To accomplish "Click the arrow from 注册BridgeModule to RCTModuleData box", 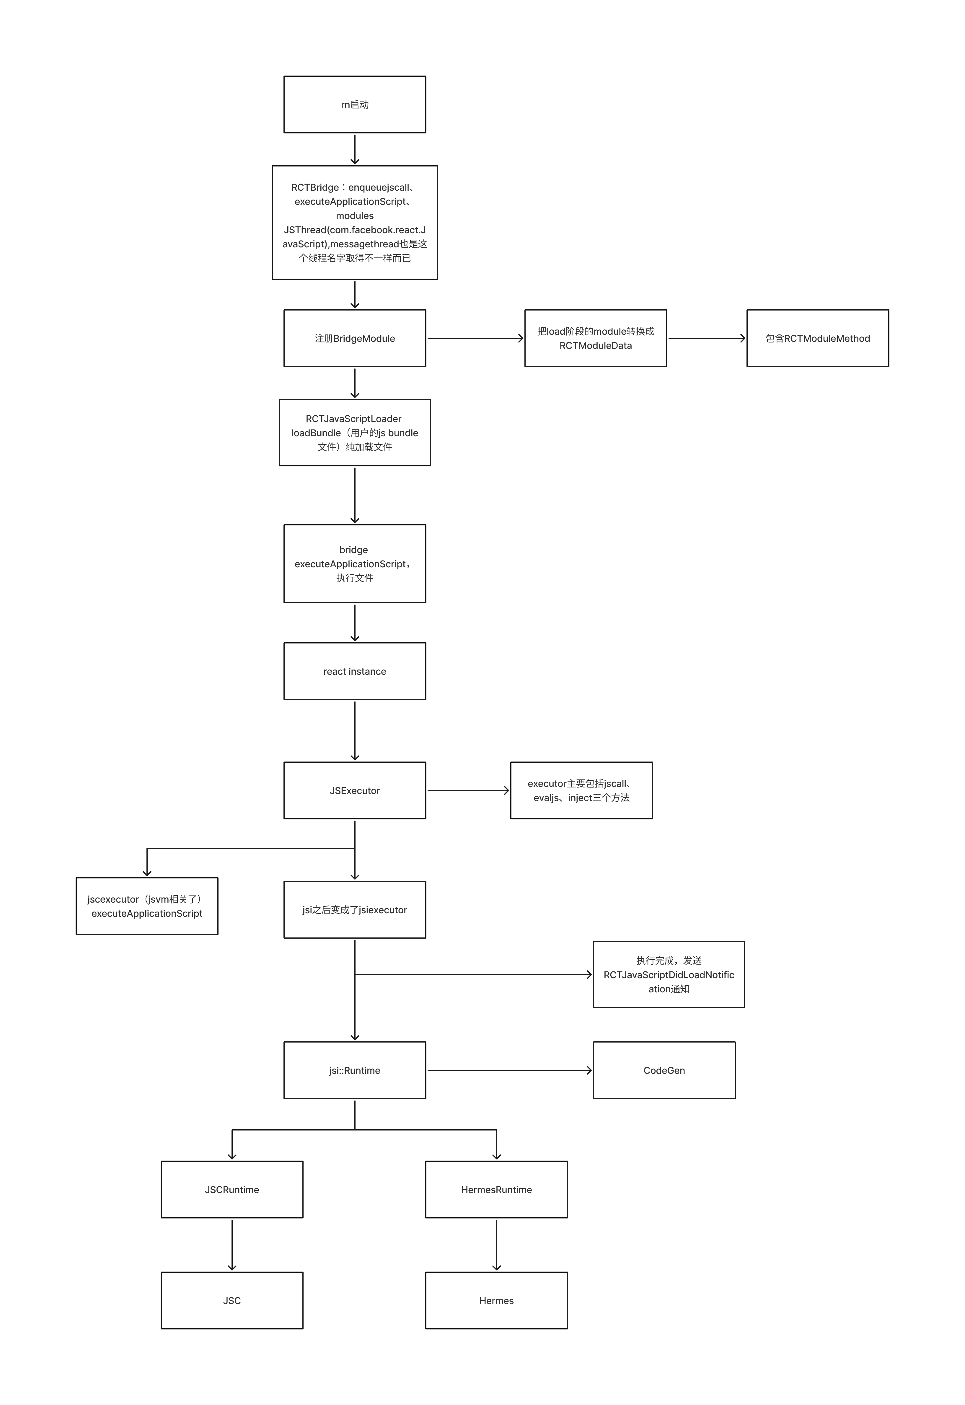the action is pyautogui.click(x=475, y=339).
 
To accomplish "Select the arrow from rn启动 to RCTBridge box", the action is pyautogui.click(x=355, y=149).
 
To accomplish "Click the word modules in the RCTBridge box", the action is pyautogui.click(x=355, y=216).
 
